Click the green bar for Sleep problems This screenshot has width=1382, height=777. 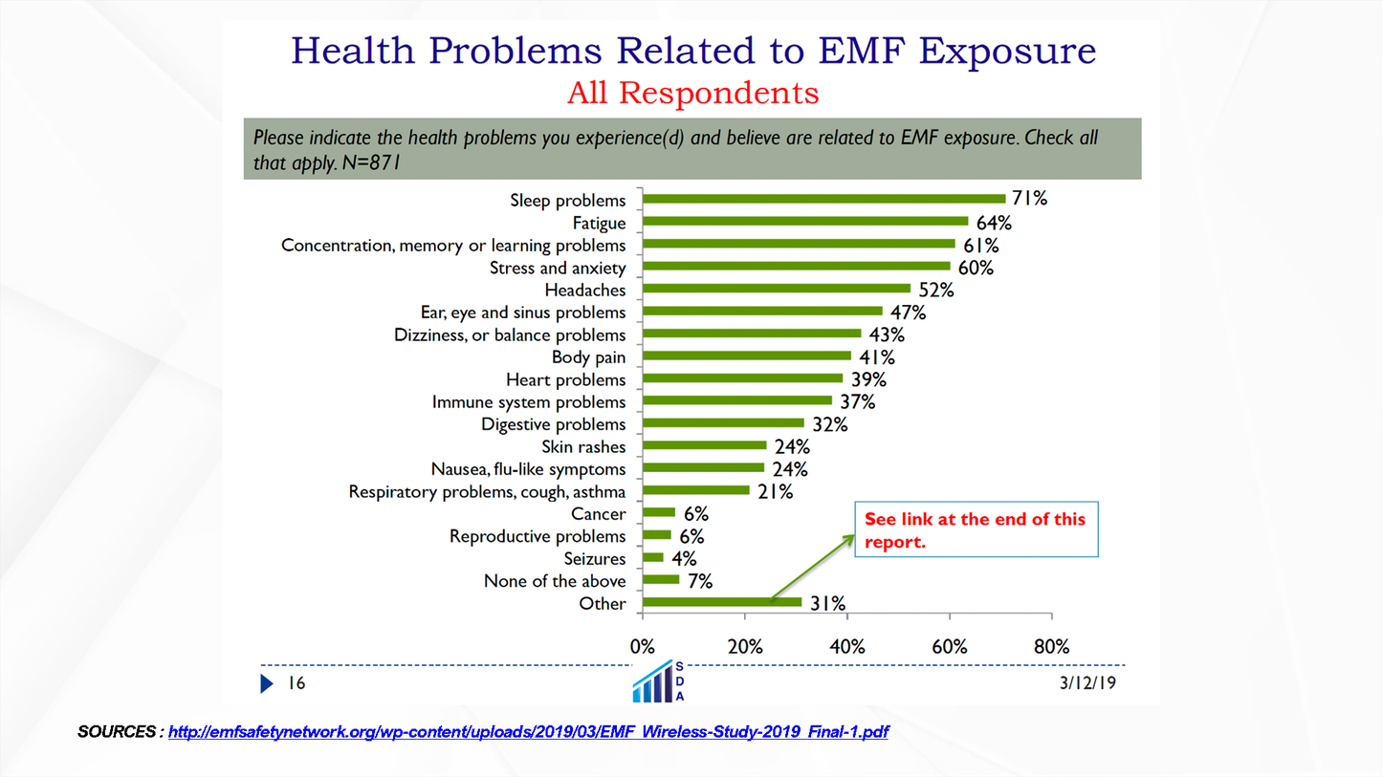tap(823, 199)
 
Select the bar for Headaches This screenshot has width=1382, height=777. tap(777, 289)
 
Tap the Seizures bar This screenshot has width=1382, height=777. tap(653, 558)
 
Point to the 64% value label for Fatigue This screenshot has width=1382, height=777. tap(994, 223)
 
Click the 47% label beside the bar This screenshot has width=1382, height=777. tap(909, 312)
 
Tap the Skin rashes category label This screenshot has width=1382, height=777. tap(583, 446)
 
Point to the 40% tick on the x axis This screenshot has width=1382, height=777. tap(847, 647)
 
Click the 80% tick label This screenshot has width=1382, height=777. tap(1051, 647)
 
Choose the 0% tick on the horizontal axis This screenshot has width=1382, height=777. tap(643, 647)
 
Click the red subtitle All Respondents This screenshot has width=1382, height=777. tap(692, 94)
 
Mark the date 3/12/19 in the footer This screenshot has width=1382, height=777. tap(1087, 683)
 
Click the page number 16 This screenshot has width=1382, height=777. tap(296, 683)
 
